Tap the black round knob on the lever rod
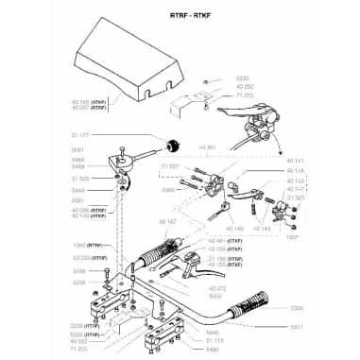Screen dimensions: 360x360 [173, 145]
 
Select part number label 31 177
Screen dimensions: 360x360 [79, 136]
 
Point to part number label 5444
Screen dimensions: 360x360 [78, 190]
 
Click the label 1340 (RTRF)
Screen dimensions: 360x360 [85, 244]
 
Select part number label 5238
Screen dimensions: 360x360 [78, 282]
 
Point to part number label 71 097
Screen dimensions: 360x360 [170, 166]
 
